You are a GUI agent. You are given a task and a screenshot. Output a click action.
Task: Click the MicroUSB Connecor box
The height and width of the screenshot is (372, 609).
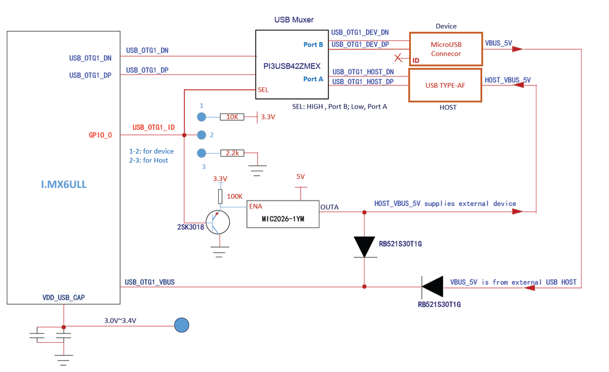point(446,49)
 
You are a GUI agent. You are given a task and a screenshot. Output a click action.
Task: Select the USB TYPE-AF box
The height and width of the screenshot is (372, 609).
point(445,85)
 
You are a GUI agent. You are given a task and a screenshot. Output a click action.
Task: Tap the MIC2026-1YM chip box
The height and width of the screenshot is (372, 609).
point(283,214)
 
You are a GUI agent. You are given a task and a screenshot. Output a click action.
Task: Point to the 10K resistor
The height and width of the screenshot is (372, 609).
point(232,116)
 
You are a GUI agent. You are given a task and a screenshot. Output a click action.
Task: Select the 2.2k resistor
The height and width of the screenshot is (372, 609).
point(232,153)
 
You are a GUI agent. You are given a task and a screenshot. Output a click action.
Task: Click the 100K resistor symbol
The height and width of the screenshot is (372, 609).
point(220,196)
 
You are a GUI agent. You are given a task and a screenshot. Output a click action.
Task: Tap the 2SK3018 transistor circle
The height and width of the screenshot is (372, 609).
point(218,223)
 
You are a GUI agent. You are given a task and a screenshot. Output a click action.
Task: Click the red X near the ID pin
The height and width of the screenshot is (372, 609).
point(399,59)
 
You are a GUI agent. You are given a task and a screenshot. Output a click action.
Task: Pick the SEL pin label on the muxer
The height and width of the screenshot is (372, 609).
point(263,90)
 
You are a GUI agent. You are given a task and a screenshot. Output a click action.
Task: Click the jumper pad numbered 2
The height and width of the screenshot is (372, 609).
point(201,135)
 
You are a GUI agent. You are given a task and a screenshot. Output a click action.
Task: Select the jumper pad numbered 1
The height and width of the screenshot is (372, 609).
point(201,116)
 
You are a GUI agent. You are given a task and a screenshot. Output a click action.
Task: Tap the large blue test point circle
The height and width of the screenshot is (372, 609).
point(182,325)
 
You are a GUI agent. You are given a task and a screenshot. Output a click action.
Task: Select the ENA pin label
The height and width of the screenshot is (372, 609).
point(255,206)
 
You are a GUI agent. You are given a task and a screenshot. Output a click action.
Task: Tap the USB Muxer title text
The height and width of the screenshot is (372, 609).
point(294,20)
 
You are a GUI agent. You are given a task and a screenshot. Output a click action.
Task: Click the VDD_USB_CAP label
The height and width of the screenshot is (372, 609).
point(63,298)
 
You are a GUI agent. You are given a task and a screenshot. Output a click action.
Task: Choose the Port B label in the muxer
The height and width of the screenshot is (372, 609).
point(313,45)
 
